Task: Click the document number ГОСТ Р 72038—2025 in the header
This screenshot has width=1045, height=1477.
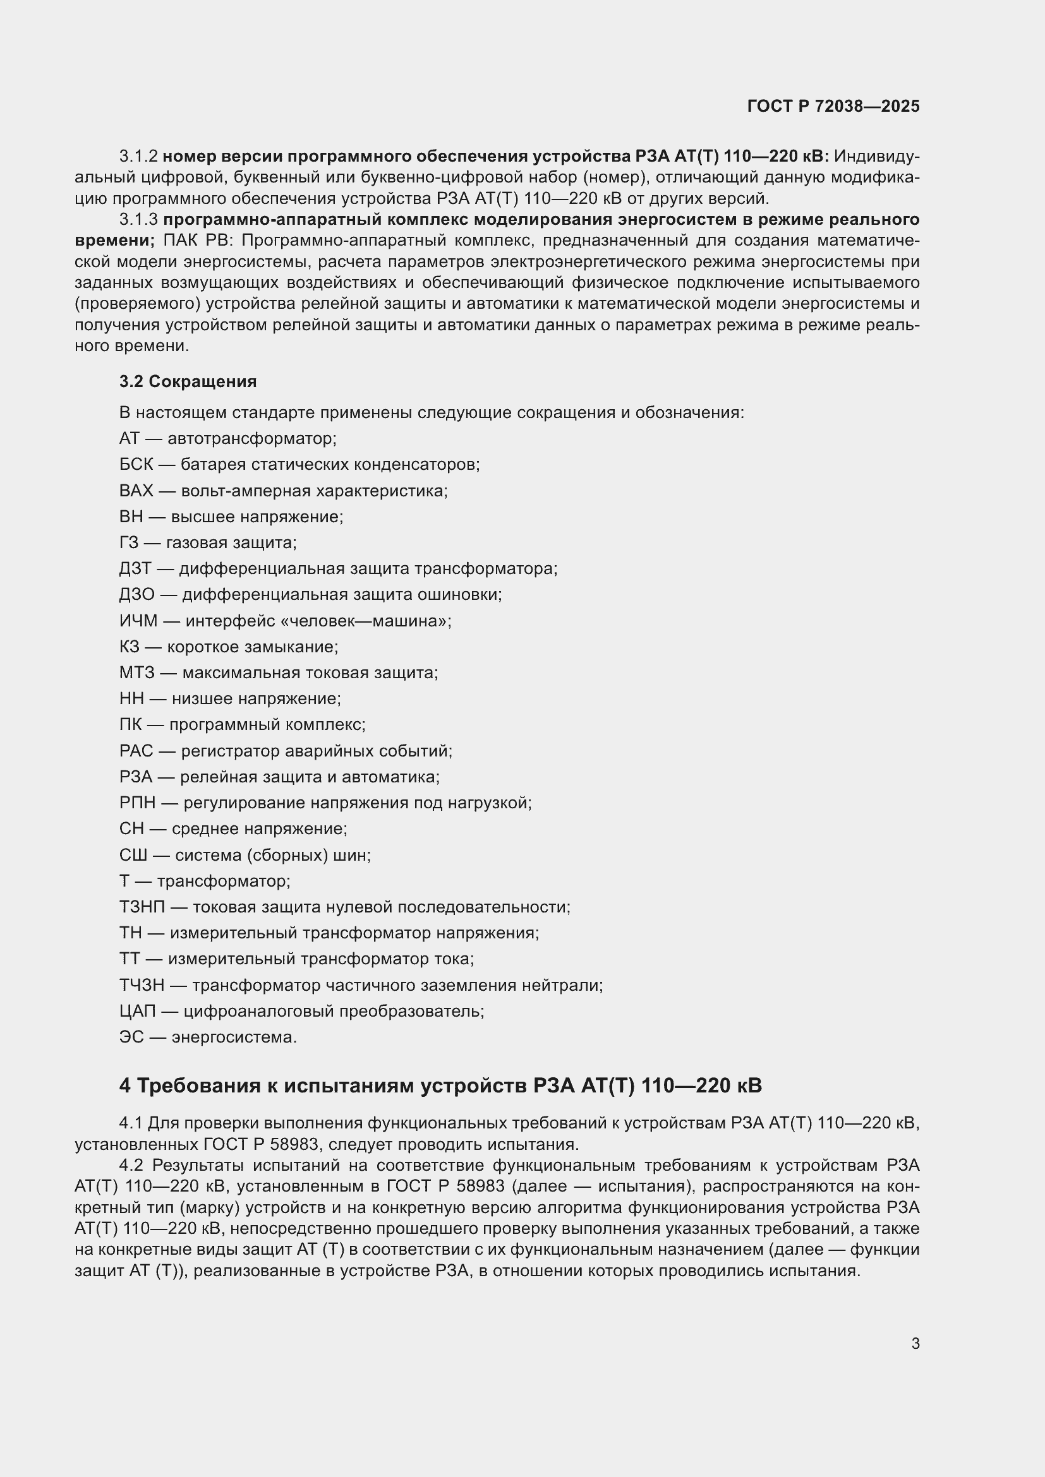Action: pyautogui.click(x=833, y=106)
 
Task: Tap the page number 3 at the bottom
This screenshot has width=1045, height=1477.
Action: pyautogui.click(x=915, y=1343)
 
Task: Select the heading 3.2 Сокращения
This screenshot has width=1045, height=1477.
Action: pyautogui.click(x=188, y=381)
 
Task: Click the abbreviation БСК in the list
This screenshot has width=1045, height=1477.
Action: pyautogui.click(x=136, y=464)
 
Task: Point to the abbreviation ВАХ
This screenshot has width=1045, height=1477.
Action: pyautogui.click(x=136, y=490)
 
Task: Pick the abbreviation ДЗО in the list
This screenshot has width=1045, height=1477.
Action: pyautogui.click(x=137, y=594)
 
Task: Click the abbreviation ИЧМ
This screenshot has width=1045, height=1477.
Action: pyautogui.click(x=138, y=621)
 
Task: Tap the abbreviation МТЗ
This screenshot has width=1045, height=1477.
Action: pyautogui.click(x=137, y=673)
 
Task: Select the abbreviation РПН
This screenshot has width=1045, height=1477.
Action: pyautogui.click(x=137, y=803)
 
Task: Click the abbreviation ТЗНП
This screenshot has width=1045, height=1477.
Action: pyautogui.click(x=142, y=907)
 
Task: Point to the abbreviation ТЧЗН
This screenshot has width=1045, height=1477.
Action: pyautogui.click(x=142, y=985)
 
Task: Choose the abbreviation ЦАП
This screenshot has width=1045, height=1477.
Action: pyautogui.click(x=138, y=1010)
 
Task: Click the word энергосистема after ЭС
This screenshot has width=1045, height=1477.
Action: pyautogui.click(x=234, y=1037)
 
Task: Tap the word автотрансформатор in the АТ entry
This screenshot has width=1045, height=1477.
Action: pyautogui.click(x=251, y=439)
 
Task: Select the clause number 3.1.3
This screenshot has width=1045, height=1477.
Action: pyautogui.click(x=138, y=219)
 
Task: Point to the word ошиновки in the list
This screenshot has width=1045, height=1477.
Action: pyautogui.click(x=459, y=594)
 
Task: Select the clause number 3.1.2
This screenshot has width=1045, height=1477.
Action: pyautogui.click(x=138, y=157)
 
